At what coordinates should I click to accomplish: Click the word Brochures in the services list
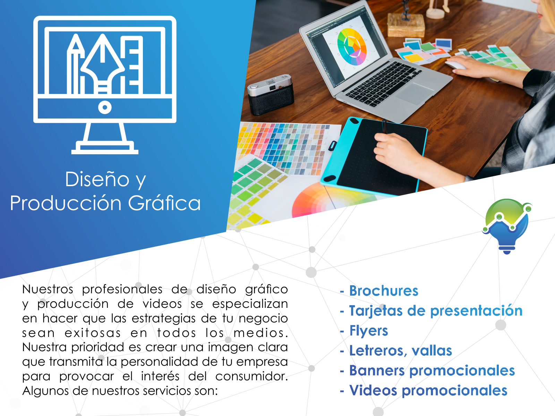pyautogui.click(x=384, y=291)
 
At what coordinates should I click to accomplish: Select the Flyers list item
pyautogui.click(x=368, y=331)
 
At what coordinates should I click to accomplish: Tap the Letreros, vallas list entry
pyautogui.click(x=401, y=351)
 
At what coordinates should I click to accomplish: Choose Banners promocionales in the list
pyautogui.click(x=432, y=371)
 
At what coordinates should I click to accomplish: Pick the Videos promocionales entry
pyautogui.click(x=428, y=391)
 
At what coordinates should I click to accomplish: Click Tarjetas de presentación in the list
pyautogui.click(x=436, y=311)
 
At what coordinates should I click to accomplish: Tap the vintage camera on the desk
pyautogui.click(x=271, y=94)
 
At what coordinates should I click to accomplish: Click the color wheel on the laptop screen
pyautogui.click(x=352, y=47)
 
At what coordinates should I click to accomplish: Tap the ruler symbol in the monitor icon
pyautogui.click(x=131, y=65)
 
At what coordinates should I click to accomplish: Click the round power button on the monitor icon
pyautogui.click(x=105, y=107)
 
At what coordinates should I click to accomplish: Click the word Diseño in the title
pyautogui.click(x=97, y=179)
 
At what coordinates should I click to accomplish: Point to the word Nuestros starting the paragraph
pyautogui.click(x=48, y=289)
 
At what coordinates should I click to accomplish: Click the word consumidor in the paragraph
pyautogui.click(x=251, y=376)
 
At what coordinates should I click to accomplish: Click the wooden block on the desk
pyautogui.click(x=406, y=25)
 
